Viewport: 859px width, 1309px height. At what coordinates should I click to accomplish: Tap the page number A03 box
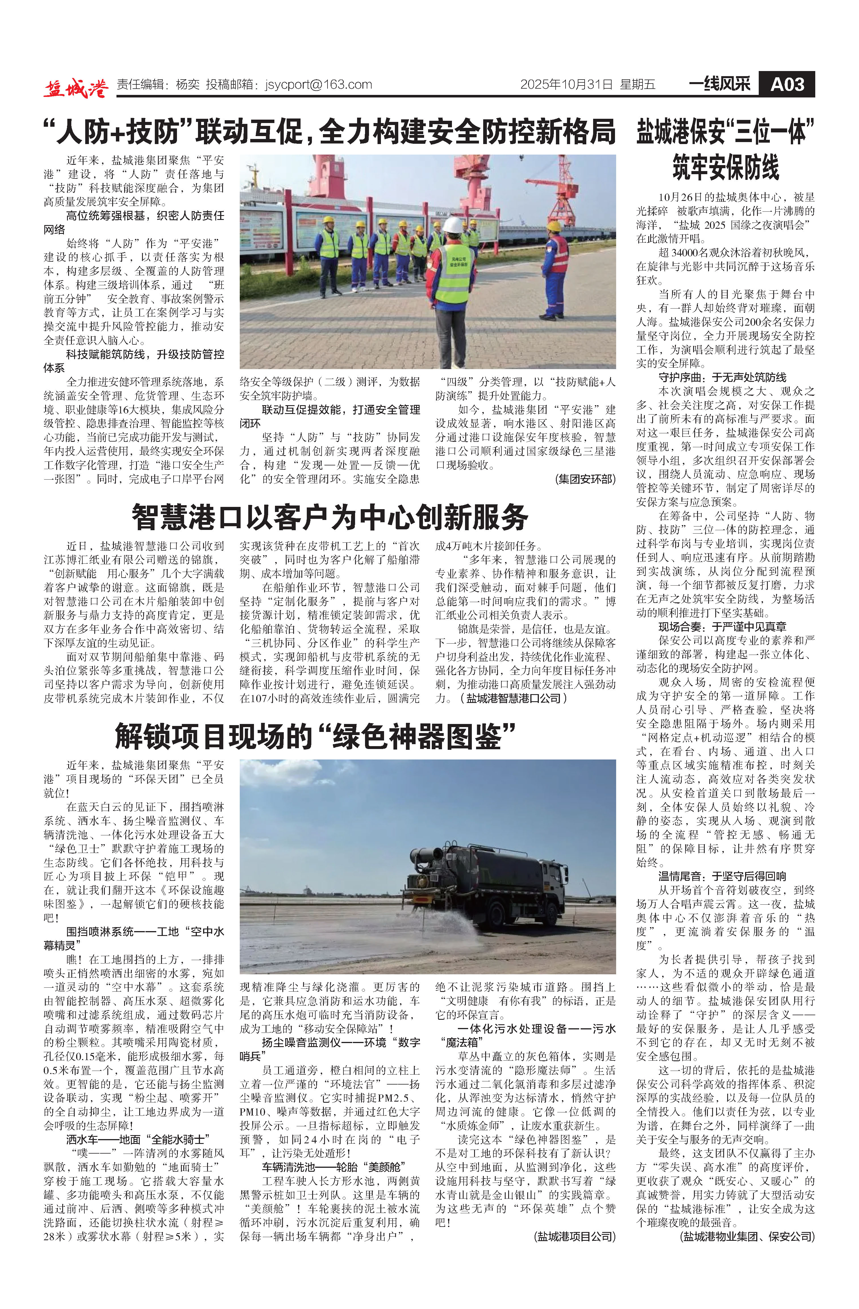[x=786, y=85]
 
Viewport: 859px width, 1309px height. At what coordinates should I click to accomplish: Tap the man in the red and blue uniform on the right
[x=555, y=269]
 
